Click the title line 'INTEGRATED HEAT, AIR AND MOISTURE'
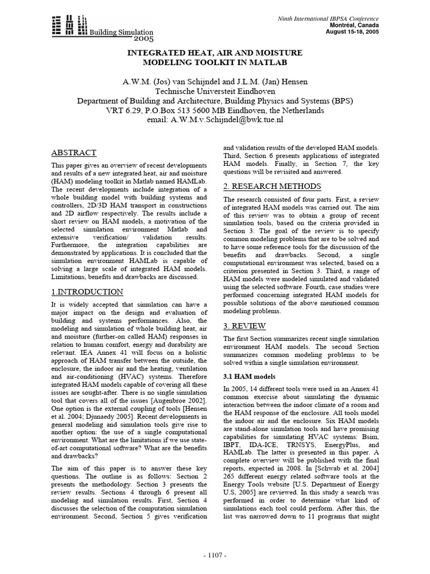coord(216,53)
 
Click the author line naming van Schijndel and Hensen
coord(216,82)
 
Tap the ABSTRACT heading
coord(74,153)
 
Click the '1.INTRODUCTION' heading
coord(87,292)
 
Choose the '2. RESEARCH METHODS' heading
coord(272,187)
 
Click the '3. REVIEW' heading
coord(245,326)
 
